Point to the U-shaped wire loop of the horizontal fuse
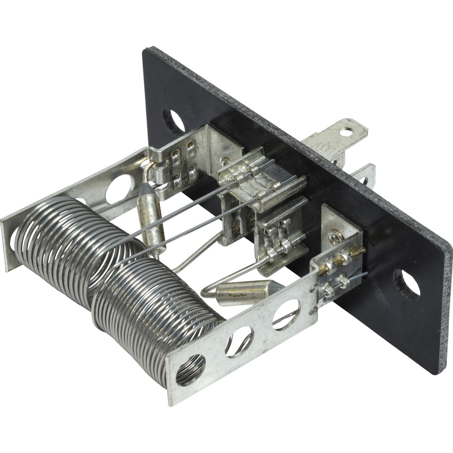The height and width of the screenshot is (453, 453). click(x=208, y=290)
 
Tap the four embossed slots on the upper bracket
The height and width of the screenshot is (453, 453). click(x=183, y=166)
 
